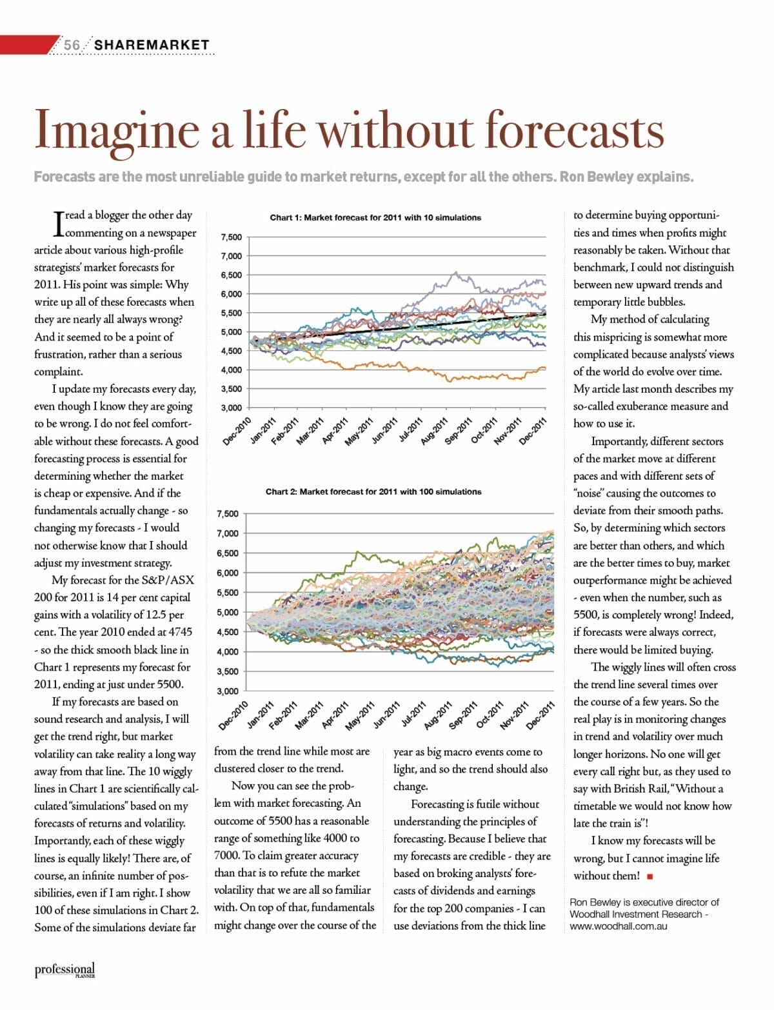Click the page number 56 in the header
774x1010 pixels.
72,45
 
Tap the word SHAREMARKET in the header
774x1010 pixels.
152,45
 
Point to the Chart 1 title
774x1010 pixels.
375,217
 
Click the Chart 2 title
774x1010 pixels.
373,491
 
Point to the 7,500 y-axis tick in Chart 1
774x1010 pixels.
232,237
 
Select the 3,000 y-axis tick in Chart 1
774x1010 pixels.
232,408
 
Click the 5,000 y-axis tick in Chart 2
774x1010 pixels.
228,612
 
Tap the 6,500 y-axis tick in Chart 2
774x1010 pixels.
228,553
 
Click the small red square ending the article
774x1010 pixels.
650,876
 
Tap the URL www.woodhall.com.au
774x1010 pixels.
619,926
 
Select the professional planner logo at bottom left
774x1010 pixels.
64,970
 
